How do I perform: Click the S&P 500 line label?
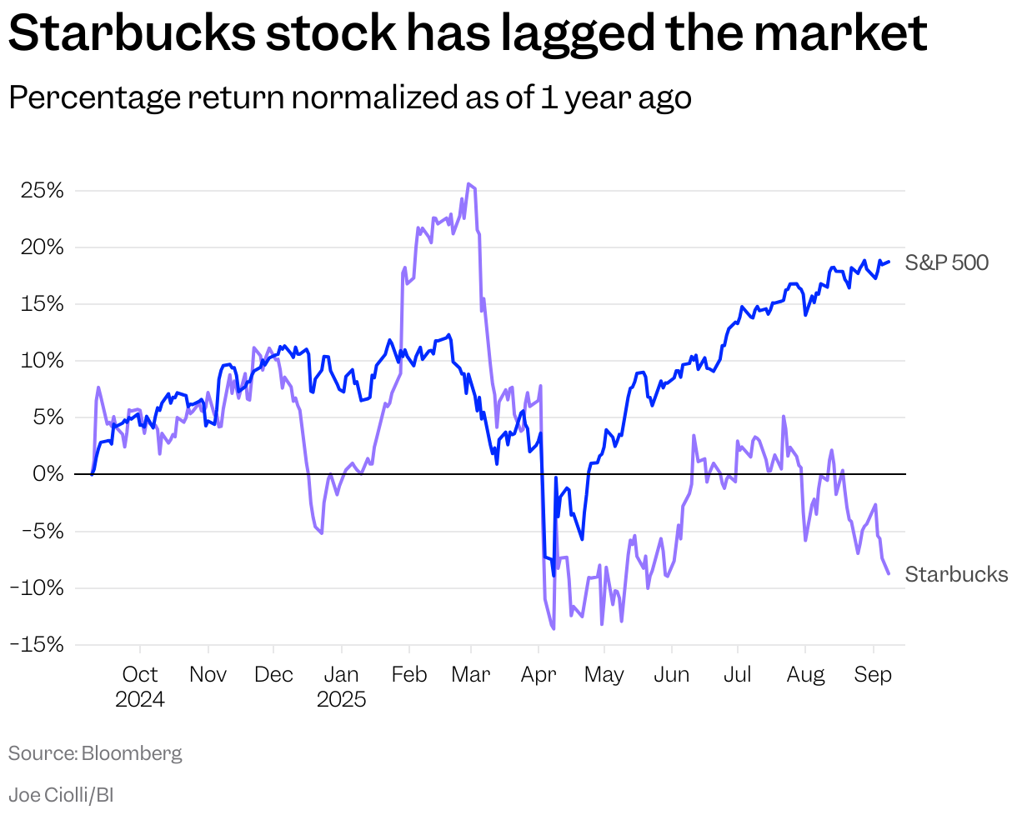(x=946, y=263)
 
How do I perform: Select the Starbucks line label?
(x=956, y=574)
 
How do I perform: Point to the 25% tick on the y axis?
(x=43, y=191)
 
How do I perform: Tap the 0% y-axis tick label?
(x=48, y=474)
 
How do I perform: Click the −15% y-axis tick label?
(x=38, y=644)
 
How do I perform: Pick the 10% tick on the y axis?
(x=43, y=361)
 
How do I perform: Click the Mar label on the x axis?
(x=471, y=674)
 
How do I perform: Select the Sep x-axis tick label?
(x=873, y=674)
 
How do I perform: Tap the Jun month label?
(x=671, y=674)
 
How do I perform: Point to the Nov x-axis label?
(x=208, y=674)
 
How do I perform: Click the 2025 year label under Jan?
(x=341, y=699)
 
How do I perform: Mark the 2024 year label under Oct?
(x=140, y=699)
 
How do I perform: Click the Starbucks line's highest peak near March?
(x=468, y=184)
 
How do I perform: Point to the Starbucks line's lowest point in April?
(x=554, y=629)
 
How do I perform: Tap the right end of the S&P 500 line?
(x=889, y=262)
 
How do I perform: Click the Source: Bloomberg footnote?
(x=95, y=753)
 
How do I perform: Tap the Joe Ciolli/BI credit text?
(x=61, y=794)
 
